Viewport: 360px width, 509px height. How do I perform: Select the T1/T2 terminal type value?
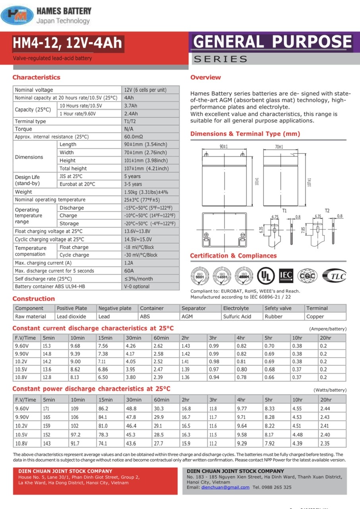130,121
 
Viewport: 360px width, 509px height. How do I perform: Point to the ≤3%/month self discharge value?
138,279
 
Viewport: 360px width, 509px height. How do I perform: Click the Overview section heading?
205,77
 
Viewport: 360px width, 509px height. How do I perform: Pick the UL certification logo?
265,275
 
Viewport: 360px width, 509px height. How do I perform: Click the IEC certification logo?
286,275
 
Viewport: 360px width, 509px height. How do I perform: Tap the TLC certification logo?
334,275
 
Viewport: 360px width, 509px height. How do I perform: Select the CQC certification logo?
308,275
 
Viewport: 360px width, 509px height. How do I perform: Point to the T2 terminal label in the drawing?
327,210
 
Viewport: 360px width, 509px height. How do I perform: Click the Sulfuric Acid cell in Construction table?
237,317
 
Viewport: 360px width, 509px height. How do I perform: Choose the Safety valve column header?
278,308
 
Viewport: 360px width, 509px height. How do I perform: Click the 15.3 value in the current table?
47,346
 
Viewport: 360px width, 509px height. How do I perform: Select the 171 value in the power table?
47,408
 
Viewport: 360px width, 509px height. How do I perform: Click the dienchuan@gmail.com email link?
225,487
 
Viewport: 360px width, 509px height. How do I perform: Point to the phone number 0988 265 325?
277,487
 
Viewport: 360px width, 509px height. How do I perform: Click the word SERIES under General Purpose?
221,59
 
